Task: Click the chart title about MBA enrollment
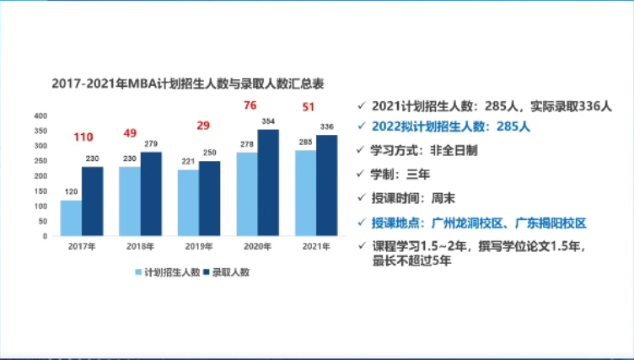tap(188, 83)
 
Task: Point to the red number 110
tap(83, 137)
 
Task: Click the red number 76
tap(250, 105)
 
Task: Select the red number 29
tap(203, 126)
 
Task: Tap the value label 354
tap(268, 121)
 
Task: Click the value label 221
tap(189, 163)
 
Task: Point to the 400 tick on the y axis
tap(40, 116)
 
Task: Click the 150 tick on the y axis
tap(40, 191)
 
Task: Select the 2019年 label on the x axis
tap(199, 246)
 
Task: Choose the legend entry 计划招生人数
tap(169, 272)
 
